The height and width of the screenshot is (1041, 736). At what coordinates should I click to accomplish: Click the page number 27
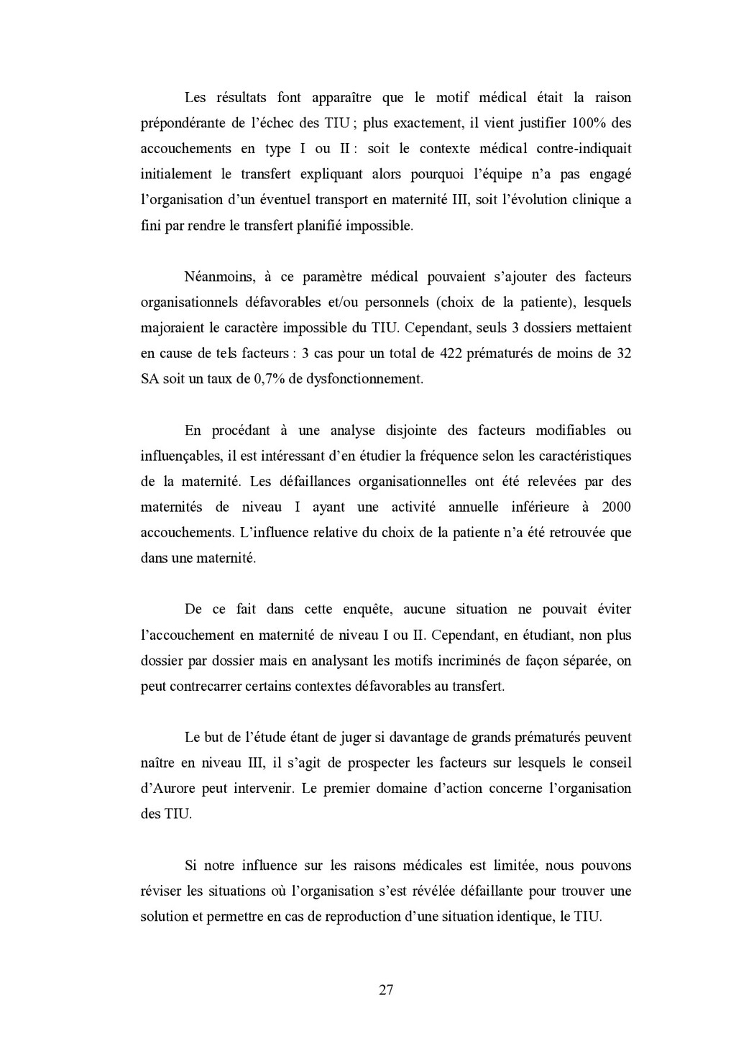click(385, 990)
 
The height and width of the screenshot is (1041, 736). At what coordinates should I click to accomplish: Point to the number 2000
click(616, 507)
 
